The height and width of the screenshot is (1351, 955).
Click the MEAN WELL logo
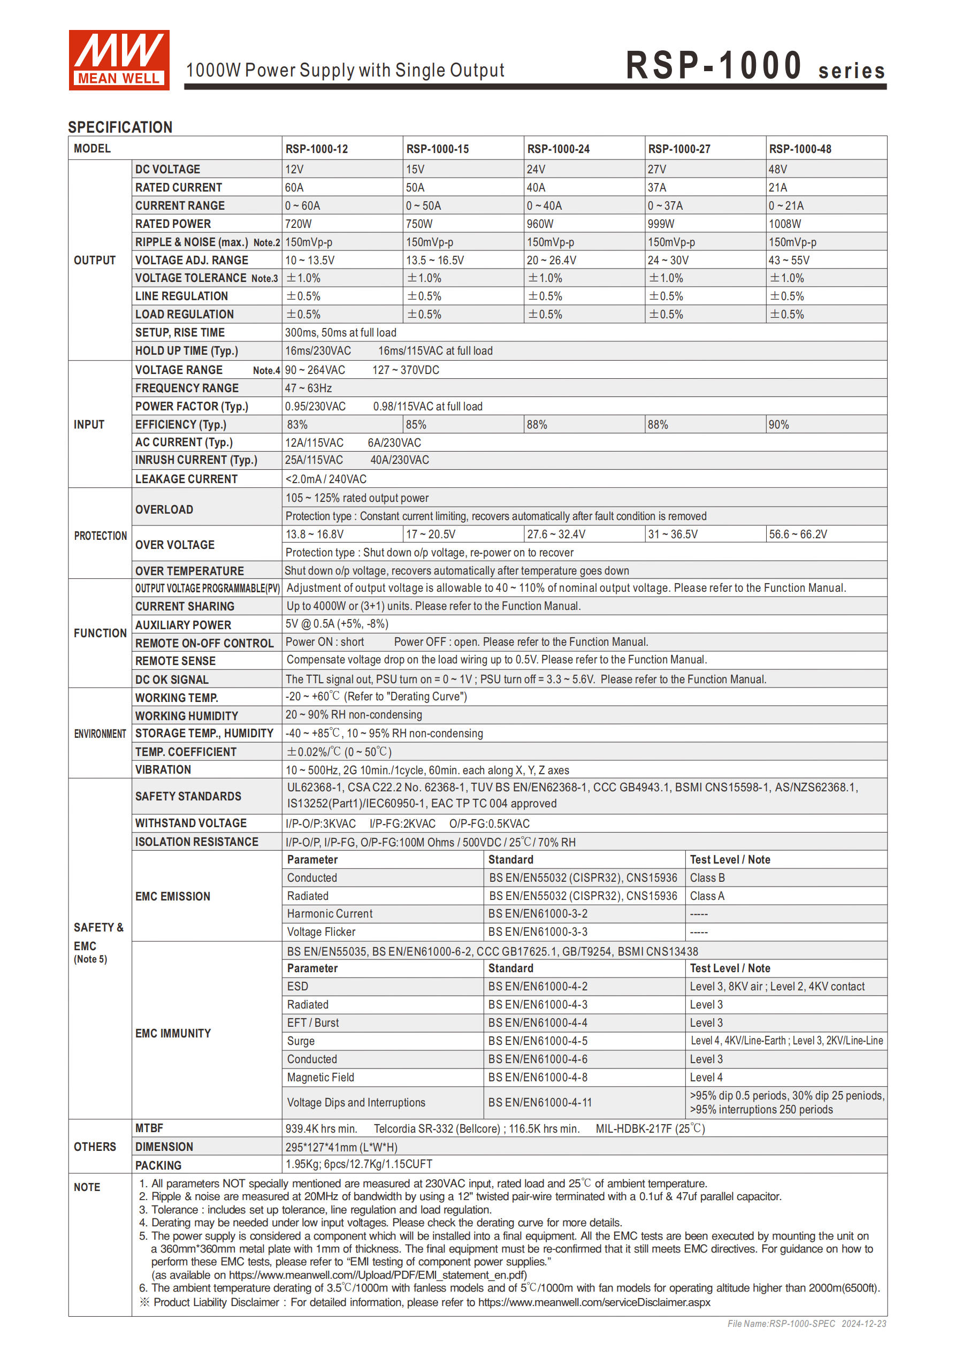coord(119,60)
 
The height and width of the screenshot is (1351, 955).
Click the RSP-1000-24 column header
coord(558,149)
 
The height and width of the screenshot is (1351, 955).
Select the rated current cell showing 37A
coord(656,188)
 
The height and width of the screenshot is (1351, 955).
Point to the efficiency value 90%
coord(778,425)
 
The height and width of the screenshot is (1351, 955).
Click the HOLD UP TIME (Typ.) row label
coord(187,350)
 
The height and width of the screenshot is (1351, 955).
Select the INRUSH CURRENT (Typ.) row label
coord(196,460)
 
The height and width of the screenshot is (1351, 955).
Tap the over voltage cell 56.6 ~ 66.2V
coord(797,535)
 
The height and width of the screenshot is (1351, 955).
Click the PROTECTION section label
coord(100,536)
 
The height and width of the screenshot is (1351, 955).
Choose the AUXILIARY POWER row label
coord(183,625)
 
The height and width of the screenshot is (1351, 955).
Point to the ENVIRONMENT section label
coord(100,734)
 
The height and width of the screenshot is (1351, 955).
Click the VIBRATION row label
coord(163,769)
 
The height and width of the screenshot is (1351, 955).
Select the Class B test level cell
coord(707,878)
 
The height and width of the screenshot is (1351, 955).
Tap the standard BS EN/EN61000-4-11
coord(540,1103)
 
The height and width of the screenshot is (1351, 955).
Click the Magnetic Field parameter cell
coord(320,1078)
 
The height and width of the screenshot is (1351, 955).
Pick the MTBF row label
coord(149,1128)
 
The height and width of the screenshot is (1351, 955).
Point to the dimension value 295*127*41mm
coord(341,1147)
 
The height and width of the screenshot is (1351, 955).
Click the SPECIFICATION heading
coord(120,127)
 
